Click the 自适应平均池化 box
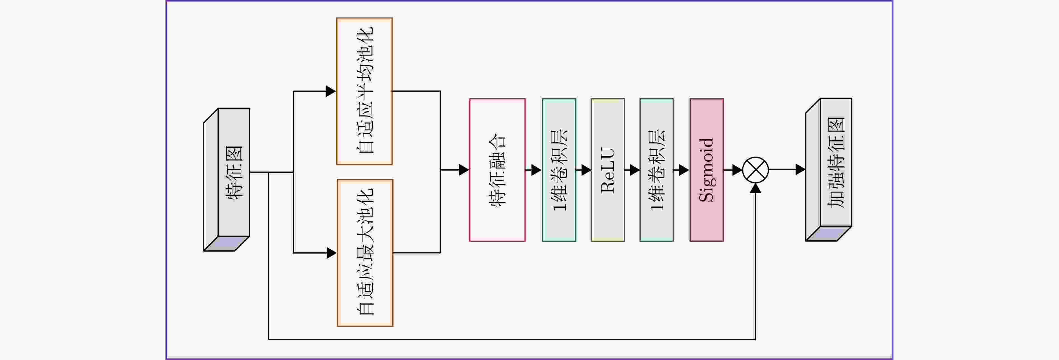[364, 91]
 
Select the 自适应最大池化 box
[365, 253]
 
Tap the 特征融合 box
[497, 170]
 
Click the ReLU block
[608, 170]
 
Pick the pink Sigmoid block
[706, 170]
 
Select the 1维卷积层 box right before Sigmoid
[656, 170]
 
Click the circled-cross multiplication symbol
[756, 170]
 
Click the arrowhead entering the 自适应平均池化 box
[331, 91]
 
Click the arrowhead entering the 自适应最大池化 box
[331, 253]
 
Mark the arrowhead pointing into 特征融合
[464, 170]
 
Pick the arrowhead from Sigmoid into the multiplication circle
[737, 170]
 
